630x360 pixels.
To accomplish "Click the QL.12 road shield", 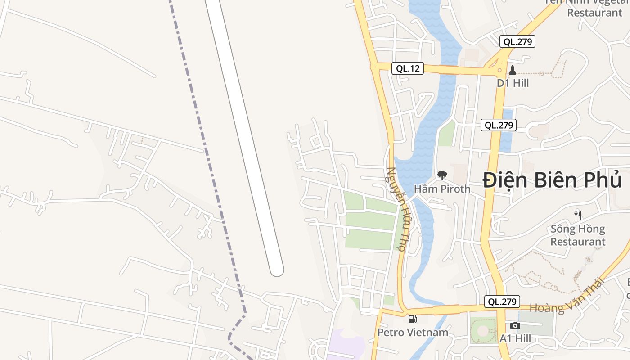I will [407, 68].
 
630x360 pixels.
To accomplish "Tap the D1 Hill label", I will [513, 83].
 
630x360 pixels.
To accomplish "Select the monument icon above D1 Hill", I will [512, 70].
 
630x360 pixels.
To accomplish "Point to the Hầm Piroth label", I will [442, 189].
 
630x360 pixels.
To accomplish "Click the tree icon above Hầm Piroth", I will [442, 175].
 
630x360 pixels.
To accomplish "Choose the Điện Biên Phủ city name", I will [552, 180].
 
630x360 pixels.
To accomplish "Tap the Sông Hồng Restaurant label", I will [578, 235].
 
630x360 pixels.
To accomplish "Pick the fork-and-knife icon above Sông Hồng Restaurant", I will [578, 216].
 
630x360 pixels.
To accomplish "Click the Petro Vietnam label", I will [413, 333].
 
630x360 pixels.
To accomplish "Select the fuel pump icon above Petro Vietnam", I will [412, 319].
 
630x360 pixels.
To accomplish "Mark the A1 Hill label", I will [515, 338].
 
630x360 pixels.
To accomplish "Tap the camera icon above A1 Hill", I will [515, 325].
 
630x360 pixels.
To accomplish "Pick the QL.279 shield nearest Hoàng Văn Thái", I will [502, 301].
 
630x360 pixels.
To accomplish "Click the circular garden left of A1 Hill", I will [482, 331].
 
